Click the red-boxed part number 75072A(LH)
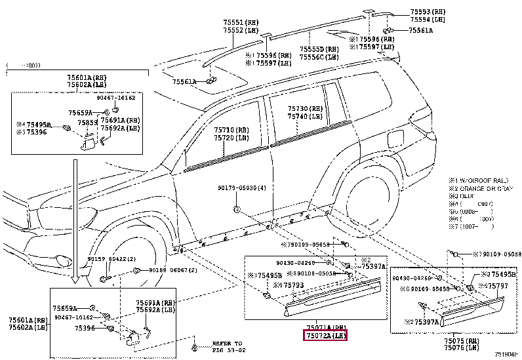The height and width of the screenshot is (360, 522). click(x=325, y=336)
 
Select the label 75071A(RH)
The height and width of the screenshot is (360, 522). click(x=325, y=327)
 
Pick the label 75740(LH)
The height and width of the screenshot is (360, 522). click(x=306, y=116)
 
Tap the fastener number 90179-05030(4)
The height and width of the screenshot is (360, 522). click(x=242, y=188)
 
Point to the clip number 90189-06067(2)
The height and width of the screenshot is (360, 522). click(x=170, y=270)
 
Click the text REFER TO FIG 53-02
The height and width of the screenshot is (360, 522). click(x=227, y=346)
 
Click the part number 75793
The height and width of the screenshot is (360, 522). click(x=290, y=285)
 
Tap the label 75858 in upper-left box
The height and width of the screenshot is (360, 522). click(x=88, y=123)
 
